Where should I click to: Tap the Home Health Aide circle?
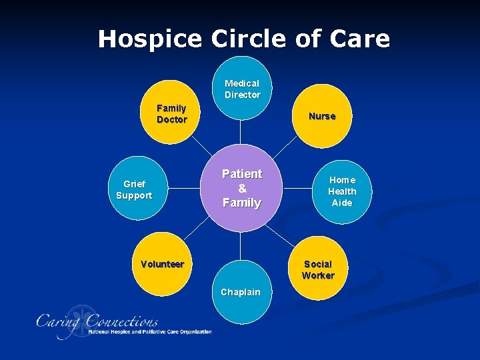click(342, 191)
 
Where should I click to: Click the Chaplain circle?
click(241, 293)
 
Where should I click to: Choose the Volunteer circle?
click(163, 264)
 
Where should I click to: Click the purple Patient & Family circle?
click(242, 188)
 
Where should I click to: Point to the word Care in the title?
click(360, 39)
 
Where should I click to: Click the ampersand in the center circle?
click(242, 189)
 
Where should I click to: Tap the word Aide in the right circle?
click(342, 203)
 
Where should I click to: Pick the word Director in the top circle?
click(242, 95)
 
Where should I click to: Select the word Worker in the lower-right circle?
click(318, 275)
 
